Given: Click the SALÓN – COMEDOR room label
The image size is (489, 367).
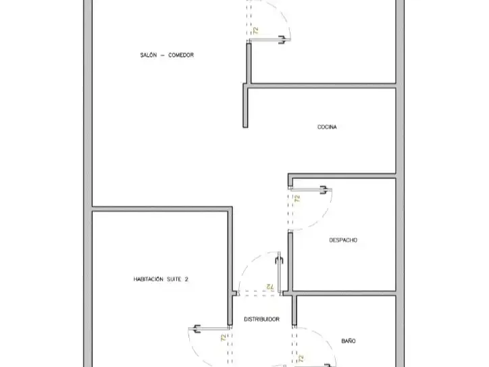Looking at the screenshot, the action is tap(167, 55).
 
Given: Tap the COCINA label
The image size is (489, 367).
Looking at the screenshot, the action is tap(327, 127).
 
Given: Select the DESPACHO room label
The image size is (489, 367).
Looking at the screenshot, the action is tap(343, 240).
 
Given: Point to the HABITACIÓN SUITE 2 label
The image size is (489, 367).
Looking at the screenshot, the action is tap(161, 279).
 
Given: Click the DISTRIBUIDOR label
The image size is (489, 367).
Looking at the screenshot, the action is tap(261, 319).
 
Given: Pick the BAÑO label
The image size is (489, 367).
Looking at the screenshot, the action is tap(349, 341).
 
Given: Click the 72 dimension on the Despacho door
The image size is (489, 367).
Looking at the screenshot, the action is tap(297, 199).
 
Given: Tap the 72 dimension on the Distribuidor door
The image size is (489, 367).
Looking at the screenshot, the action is tap(269, 287).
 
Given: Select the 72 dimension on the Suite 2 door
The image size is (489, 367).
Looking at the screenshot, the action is tap(224, 338).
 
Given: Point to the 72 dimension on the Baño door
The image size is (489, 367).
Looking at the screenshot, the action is tap(301, 359).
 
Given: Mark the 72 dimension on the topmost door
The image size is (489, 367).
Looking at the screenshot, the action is tap(256, 30).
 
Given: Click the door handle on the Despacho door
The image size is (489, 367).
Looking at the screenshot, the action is tap(324, 190).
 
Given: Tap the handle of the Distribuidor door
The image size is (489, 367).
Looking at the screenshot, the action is tap(280, 260).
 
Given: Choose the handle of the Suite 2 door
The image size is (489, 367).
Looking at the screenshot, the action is tap(197, 328).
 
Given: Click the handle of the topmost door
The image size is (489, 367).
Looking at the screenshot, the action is tap(282, 40).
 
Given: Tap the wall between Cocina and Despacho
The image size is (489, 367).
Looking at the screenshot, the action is tap(342, 176).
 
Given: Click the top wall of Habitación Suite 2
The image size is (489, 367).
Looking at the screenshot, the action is tap(162, 209).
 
